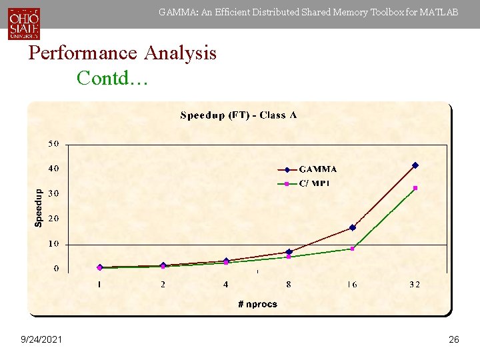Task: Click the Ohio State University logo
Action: click(x=24, y=23)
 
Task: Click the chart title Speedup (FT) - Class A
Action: click(x=239, y=115)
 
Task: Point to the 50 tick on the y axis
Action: click(x=53, y=144)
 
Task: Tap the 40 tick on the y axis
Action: click(x=53, y=169)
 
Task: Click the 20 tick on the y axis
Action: click(x=53, y=219)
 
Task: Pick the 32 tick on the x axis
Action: click(x=415, y=285)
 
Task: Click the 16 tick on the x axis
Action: click(x=351, y=285)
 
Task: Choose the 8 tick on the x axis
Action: click(x=289, y=285)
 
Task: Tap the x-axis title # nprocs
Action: click(x=257, y=304)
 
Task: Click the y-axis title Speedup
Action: click(x=39, y=207)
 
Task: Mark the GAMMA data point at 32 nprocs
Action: click(x=415, y=165)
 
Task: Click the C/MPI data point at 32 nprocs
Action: click(x=415, y=188)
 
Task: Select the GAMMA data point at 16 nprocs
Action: click(x=353, y=227)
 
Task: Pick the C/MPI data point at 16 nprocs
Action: click(x=353, y=248)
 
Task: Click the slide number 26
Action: click(x=453, y=340)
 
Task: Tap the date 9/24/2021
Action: click(x=41, y=340)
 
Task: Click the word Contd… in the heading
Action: click(x=113, y=78)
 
